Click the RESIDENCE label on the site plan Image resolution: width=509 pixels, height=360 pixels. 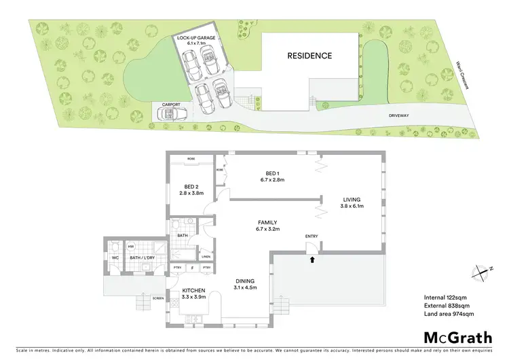[309, 56]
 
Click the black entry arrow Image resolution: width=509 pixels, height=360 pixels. [312, 257]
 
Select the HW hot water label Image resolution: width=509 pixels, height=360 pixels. [130, 247]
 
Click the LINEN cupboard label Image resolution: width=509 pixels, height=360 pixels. [206, 256]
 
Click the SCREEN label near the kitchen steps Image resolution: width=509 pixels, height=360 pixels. [158, 298]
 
